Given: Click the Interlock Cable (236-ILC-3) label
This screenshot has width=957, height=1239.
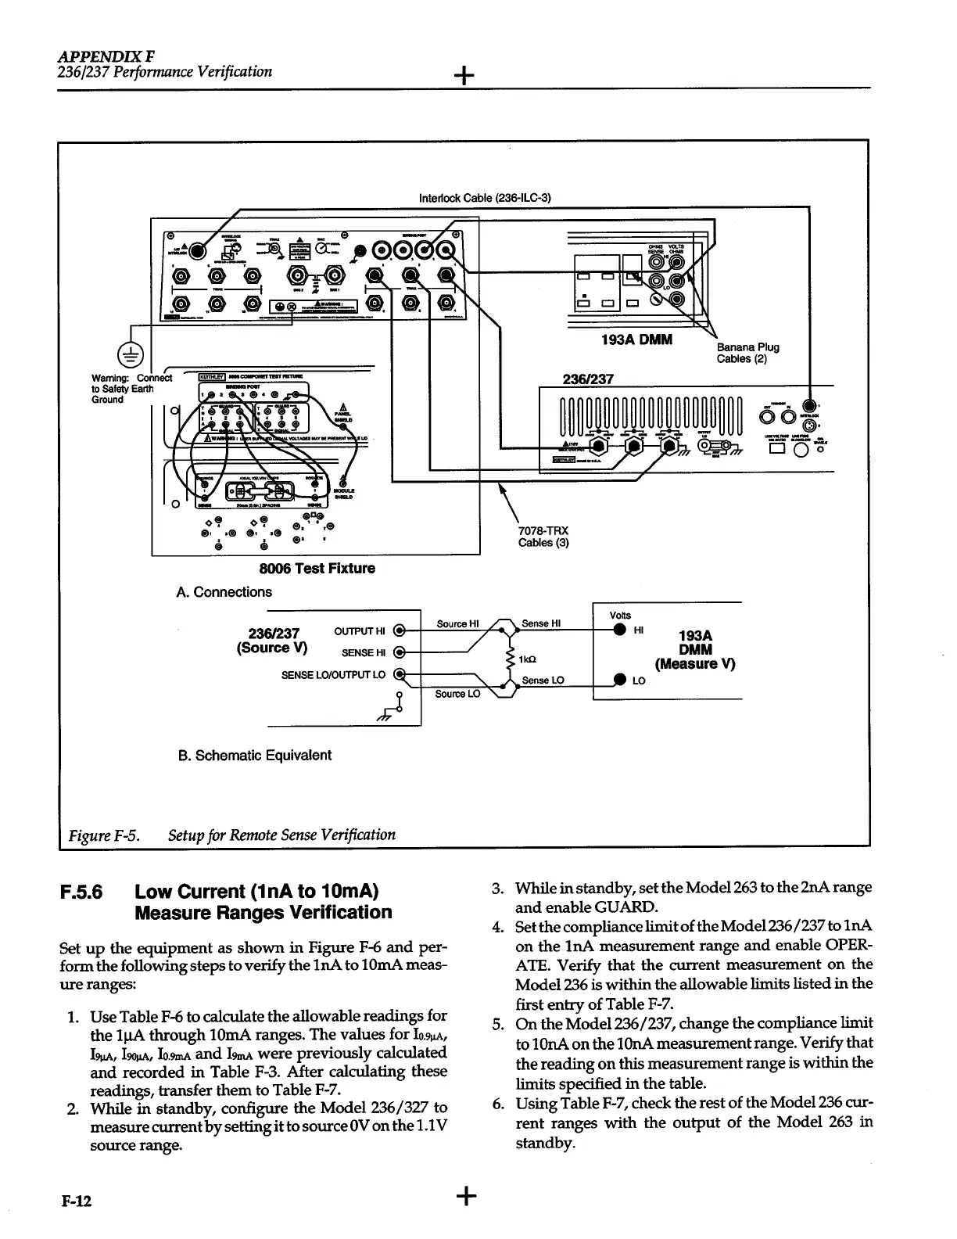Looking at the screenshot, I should (486, 197).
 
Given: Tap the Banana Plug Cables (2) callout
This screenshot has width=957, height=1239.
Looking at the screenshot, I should (747, 353).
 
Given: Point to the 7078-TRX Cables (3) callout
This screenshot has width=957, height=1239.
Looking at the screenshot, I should (543, 537).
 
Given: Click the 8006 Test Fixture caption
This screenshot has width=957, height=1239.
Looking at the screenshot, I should (317, 568).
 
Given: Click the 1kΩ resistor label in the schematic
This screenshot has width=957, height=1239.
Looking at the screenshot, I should (529, 659).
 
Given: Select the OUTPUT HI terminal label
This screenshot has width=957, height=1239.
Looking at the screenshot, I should (360, 630).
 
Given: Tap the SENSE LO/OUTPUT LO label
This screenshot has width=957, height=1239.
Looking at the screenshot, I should (333, 674).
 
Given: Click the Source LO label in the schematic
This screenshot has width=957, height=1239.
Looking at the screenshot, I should (457, 694).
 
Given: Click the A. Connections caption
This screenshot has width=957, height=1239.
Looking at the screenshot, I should (224, 592).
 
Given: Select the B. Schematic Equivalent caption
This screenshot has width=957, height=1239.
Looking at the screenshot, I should (255, 755).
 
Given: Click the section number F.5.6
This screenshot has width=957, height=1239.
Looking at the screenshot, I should (83, 892).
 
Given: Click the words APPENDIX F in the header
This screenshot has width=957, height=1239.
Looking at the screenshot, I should (106, 57).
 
